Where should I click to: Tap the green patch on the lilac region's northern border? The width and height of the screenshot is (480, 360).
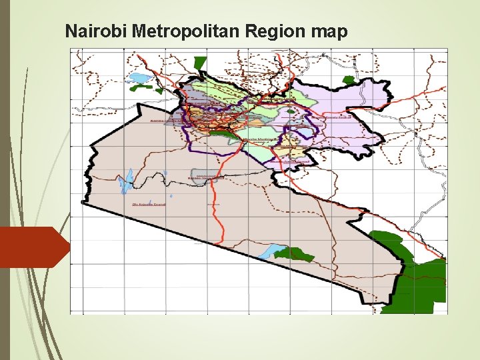click(x=348, y=79)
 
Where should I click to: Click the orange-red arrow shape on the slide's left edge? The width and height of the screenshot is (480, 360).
click(x=33, y=247)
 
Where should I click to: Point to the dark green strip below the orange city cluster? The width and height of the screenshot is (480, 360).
click(x=222, y=134)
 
